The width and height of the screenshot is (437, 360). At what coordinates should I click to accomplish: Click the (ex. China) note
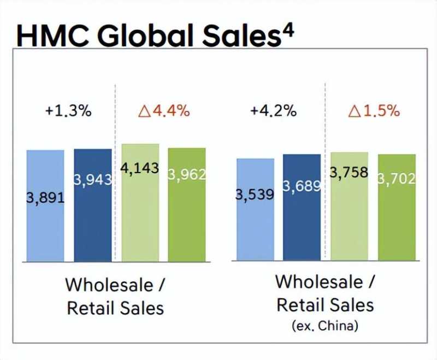point(326,327)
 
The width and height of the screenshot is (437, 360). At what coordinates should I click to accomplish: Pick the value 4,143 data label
point(140,168)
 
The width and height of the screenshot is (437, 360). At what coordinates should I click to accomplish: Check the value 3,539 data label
point(255,194)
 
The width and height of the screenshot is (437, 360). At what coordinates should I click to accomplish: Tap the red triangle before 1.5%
point(355,111)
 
